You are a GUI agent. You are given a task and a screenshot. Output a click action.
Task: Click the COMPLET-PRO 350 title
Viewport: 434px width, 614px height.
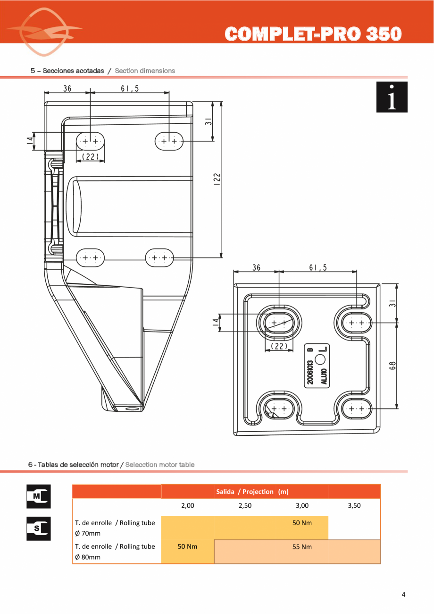pos(313,34)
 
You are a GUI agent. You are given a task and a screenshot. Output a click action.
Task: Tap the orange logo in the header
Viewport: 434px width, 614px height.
pos(44,32)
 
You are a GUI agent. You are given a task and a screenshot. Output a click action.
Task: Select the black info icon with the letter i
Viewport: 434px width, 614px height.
pos(392,97)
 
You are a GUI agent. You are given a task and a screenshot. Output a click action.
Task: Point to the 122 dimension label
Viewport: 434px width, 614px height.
pos(217,179)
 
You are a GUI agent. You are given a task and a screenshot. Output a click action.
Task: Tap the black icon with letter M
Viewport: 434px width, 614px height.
pos(38,496)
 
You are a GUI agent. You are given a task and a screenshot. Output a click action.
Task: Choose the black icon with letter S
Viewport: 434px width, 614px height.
pos(38,529)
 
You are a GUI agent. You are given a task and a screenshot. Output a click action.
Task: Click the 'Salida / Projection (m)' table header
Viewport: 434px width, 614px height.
pos(252,492)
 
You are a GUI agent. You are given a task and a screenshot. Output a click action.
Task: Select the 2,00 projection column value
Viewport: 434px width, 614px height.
pos(188,505)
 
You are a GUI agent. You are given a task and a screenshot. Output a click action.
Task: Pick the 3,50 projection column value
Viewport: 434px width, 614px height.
pos(354,505)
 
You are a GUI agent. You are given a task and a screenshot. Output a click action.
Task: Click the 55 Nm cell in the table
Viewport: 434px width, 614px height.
pos(302,547)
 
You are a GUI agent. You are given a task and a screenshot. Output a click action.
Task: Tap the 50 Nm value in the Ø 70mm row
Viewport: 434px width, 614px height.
pos(302,523)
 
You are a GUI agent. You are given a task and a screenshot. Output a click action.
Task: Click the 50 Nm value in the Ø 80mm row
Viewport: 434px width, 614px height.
pos(187,546)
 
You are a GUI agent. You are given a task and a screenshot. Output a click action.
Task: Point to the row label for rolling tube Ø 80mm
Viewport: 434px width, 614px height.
pos(115,552)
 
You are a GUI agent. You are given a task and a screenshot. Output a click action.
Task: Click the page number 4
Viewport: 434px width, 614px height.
pos(403,595)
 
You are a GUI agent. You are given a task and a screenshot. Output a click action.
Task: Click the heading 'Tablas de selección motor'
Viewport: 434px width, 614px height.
pos(74,465)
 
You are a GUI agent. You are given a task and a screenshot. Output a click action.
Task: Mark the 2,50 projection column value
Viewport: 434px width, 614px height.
pos(245,505)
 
